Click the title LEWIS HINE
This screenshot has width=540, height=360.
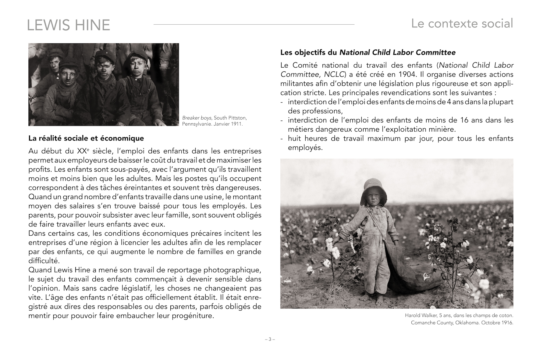pyautogui.click(x=68, y=25)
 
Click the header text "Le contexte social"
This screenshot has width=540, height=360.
pyautogui.click(x=462, y=23)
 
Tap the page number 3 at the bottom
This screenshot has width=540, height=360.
pyautogui.click(x=269, y=339)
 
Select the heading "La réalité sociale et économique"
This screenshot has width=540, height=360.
pyautogui.click(x=86, y=138)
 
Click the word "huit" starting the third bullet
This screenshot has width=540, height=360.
pyautogui.click(x=295, y=138)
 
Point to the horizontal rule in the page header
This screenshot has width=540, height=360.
pyautogui.click(x=254, y=24)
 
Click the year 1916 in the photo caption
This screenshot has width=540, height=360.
pyautogui.click(x=507, y=323)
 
